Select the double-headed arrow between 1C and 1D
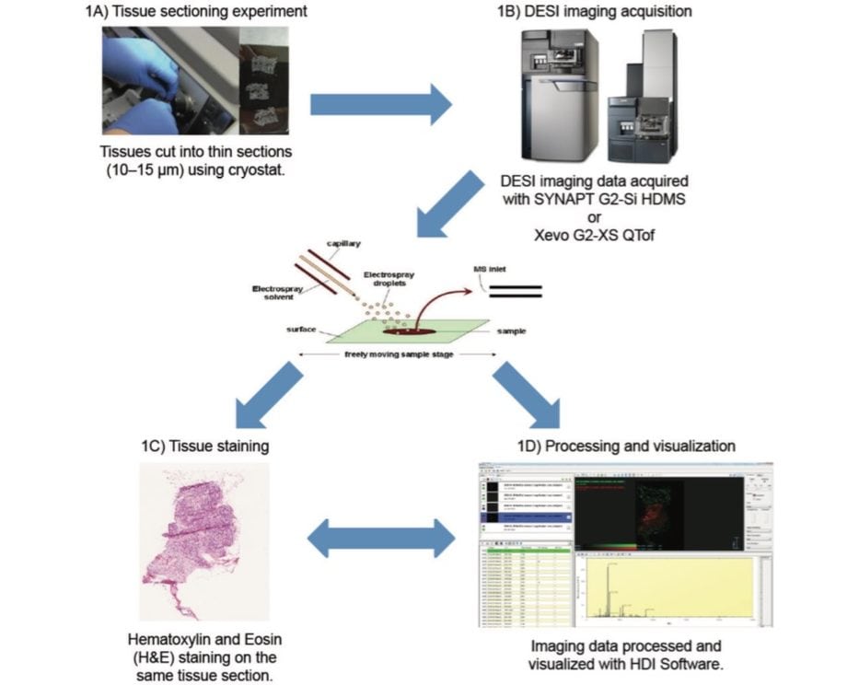[380, 540]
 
